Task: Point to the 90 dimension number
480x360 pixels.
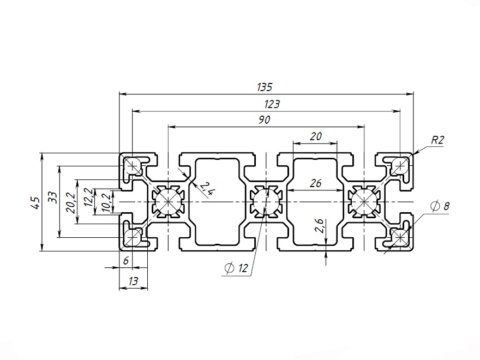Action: pos(264,120)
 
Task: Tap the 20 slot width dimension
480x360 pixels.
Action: pos(315,137)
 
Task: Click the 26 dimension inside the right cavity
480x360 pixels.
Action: pos(315,184)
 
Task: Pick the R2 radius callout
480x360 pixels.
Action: pos(437,140)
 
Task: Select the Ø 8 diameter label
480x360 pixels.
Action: pos(440,206)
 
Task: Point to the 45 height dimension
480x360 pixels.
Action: pos(34,203)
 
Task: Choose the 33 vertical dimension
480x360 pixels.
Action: pos(51,197)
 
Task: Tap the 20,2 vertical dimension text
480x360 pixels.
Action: pos(69,202)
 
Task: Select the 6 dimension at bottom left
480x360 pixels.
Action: pos(126,261)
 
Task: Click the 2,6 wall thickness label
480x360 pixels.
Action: pos(320,225)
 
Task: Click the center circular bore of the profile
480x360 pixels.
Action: pos(266,202)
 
